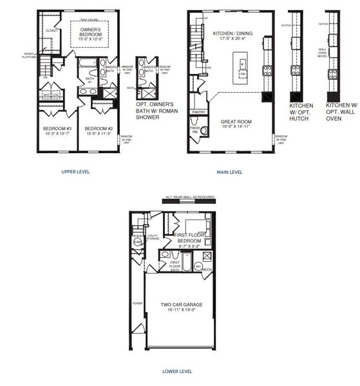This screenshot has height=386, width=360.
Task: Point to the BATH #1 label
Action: tap(90, 81)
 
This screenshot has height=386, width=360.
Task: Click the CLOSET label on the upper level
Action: tap(52, 30)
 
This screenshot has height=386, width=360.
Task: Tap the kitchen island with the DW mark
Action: tap(242, 68)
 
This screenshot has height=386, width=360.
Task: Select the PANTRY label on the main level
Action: tap(198, 112)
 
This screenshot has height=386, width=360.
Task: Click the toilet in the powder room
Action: tap(204, 131)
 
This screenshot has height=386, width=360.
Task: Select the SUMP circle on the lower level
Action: tap(137, 243)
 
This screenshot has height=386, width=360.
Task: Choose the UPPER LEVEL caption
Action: tap(75, 172)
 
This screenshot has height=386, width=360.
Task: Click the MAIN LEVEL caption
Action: tap(229, 172)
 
